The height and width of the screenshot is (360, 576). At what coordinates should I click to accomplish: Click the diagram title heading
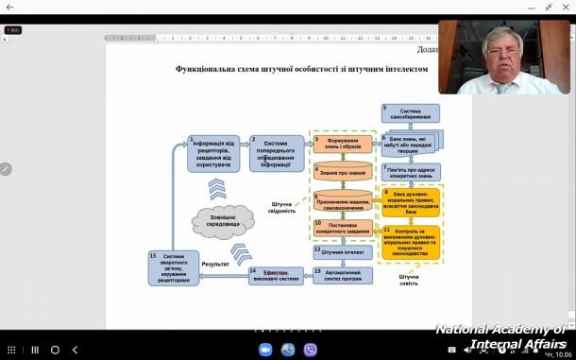coord(301,69)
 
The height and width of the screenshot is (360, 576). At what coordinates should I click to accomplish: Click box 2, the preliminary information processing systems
coord(277,152)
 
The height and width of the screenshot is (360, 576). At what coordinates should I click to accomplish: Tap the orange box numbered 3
coord(343,145)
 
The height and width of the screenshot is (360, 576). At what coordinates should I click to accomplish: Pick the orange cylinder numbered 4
coord(343,173)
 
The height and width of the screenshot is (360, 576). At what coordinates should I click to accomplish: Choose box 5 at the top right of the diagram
coord(410,113)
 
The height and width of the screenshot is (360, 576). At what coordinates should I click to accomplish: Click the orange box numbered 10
coord(343,227)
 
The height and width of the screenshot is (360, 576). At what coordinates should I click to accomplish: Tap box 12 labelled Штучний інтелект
coord(343,252)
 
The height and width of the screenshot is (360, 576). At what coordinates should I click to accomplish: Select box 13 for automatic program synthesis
coord(343,275)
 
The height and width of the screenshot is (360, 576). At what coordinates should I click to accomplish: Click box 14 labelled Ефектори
coord(276,275)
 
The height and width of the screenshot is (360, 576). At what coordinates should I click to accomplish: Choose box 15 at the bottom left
coord(175,267)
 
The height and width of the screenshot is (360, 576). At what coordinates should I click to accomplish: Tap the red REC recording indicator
coord(13,30)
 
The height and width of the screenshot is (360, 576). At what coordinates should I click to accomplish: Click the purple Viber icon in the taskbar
coord(311,350)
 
